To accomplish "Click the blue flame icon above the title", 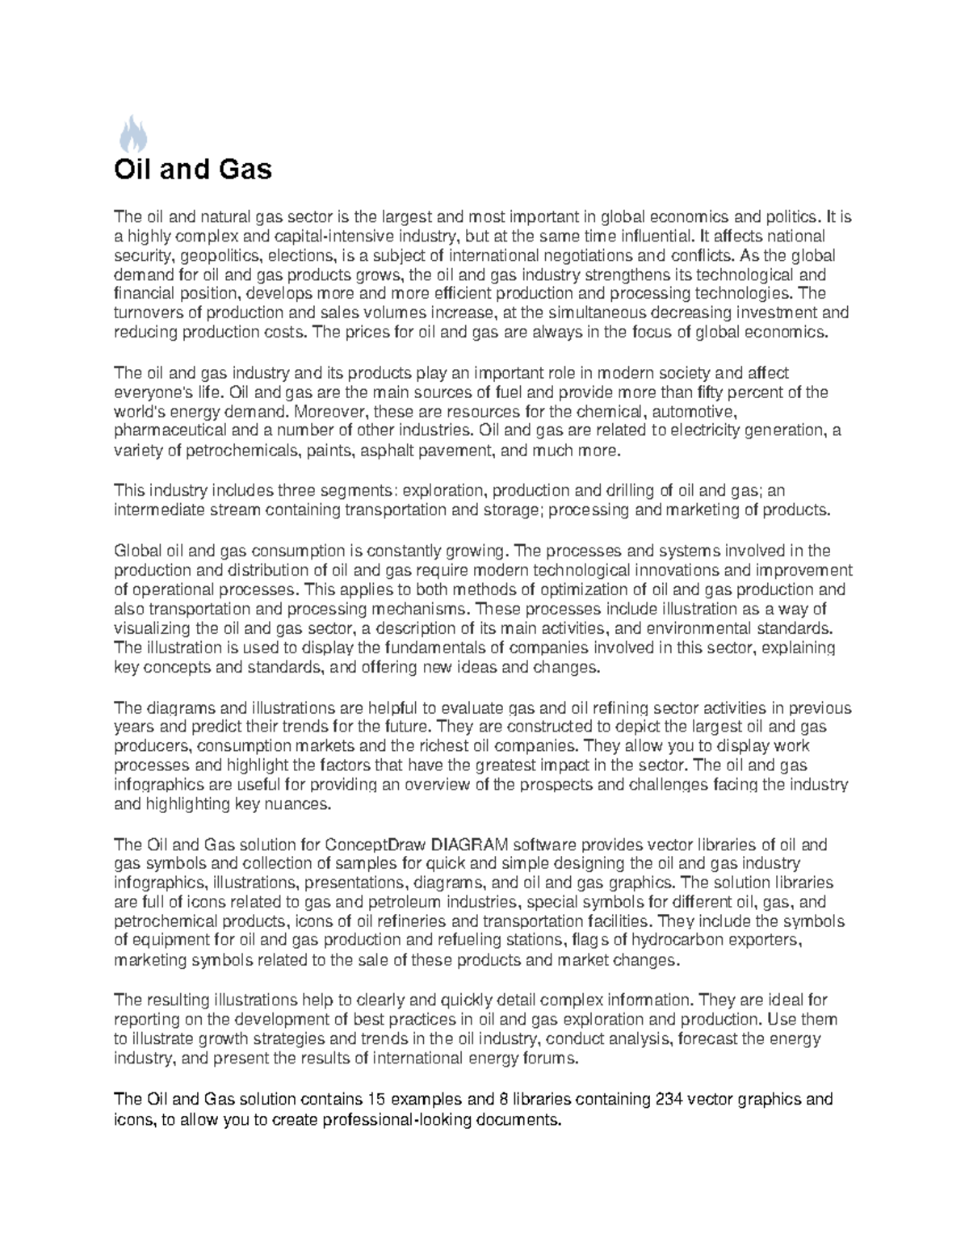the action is tap(133, 134).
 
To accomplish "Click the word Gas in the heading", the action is tap(243, 170).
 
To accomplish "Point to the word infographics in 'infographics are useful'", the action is tap(154, 784).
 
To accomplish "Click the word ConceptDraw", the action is tap(376, 845).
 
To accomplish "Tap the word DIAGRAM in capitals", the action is tap(470, 845).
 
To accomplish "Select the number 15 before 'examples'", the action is tap(376, 1099).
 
